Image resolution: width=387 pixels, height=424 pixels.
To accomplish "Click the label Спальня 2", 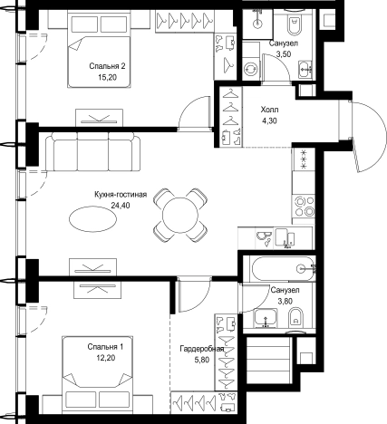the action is point(107,66).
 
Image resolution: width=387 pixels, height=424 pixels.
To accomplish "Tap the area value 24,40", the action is point(121,206).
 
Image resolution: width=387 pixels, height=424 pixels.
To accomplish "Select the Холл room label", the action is point(269,110).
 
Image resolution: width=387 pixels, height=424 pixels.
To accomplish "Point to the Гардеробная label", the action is point(202,349).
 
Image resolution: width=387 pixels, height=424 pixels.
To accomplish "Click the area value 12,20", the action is point(106,358).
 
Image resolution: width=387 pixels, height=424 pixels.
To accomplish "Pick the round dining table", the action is point(180,215).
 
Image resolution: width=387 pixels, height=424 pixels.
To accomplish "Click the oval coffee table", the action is point(92,219).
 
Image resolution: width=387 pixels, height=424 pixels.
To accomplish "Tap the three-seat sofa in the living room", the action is point(93,151).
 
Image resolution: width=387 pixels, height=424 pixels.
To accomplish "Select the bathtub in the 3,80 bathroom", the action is point(284,268).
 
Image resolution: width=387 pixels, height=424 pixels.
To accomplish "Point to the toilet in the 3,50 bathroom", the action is point(294,24).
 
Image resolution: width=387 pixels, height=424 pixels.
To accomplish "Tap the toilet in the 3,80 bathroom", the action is point(295,318).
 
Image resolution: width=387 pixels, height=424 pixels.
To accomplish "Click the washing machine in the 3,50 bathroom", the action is point(251,69).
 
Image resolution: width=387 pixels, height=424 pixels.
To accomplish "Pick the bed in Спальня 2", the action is point(99,49).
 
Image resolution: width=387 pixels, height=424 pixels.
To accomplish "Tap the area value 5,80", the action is point(202,361).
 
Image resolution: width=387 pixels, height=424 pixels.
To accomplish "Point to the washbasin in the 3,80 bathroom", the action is point(266,318).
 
